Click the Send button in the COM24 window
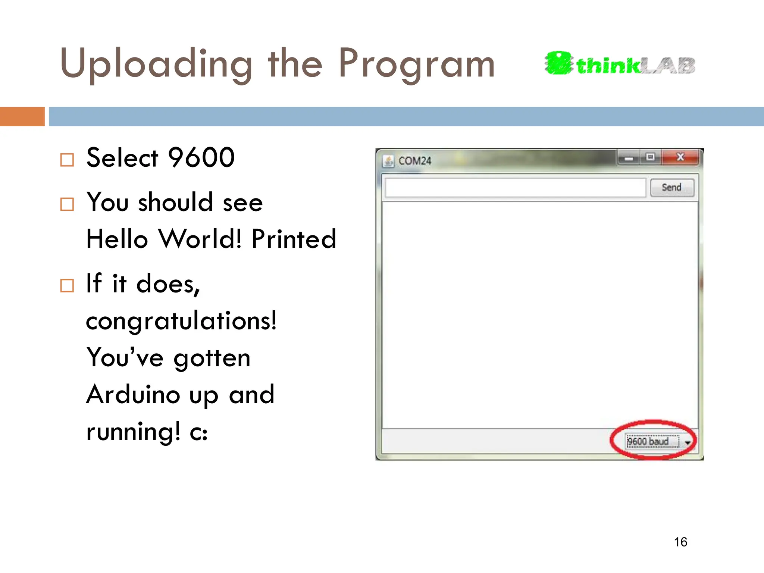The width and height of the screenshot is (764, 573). [672, 187]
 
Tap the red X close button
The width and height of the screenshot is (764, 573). [680, 157]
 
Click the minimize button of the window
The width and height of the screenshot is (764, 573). [629, 158]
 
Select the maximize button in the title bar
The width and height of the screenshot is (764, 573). [651, 157]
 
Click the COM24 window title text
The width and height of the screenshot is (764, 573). [415, 161]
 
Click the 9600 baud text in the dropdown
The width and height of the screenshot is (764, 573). [648, 442]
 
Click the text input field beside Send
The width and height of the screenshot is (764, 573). [515, 187]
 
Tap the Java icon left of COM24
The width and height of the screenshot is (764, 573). [388, 161]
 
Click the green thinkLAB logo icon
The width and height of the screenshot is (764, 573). [558, 63]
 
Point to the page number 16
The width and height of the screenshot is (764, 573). [680, 542]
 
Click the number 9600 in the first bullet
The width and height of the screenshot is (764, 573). [201, 157]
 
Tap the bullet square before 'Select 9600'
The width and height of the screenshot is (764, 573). [67, 160]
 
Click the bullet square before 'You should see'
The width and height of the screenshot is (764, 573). [67, 204]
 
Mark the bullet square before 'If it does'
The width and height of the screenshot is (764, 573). [67, 286]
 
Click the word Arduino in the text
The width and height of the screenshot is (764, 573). [133, 395]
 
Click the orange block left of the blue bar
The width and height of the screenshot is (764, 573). [22, 116]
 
